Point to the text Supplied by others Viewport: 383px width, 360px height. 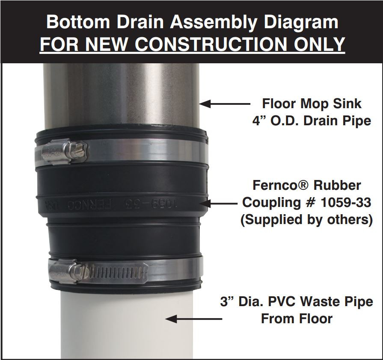pos(306,220)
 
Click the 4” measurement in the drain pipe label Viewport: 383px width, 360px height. pos(258,121)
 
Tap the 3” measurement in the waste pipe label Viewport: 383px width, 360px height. pos(226,301)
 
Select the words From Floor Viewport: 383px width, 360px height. pos(297,319)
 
